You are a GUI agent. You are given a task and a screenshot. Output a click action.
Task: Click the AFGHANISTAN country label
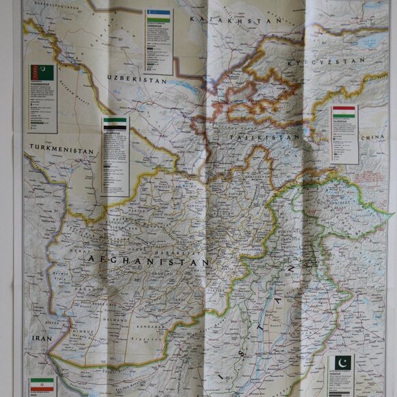point(147,260)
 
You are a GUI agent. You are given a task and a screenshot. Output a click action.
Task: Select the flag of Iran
point(40,385)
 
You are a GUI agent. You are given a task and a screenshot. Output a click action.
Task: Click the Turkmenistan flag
point(42,72)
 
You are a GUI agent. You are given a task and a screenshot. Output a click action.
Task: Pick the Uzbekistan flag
point(158,16)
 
